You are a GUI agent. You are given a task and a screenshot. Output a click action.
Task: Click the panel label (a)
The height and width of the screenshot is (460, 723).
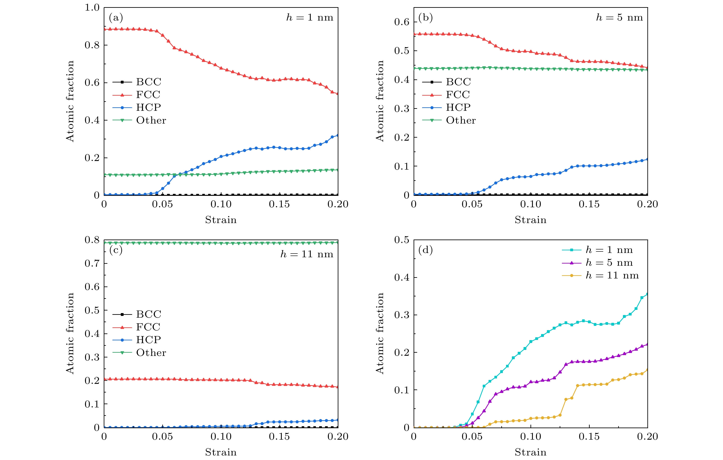116,18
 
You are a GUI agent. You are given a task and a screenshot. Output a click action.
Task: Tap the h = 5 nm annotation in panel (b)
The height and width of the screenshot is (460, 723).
619,18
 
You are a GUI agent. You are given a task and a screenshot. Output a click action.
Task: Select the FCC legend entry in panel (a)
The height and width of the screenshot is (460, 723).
148,95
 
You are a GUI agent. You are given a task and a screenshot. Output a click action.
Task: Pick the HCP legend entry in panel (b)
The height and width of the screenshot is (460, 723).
458,107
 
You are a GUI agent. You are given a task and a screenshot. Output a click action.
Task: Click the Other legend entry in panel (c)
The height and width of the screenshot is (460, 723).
151,353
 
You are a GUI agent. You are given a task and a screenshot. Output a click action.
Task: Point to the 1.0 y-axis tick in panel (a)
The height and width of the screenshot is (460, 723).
92,8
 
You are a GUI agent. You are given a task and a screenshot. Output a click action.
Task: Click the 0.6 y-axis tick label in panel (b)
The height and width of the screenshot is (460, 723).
401,22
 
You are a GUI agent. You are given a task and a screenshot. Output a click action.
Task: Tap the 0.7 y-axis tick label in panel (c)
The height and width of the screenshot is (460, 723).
92,263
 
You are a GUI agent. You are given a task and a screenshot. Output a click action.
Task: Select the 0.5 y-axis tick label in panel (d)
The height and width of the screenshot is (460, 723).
401,240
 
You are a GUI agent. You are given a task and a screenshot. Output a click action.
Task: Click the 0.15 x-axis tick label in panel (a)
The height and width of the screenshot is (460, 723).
279,204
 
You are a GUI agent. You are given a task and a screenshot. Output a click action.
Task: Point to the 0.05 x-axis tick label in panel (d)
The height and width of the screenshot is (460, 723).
472,437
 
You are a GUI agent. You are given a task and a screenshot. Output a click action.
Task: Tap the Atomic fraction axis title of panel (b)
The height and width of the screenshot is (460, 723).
380,101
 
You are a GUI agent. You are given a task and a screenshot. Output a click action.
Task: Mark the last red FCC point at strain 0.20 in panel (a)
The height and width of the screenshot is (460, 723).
338,93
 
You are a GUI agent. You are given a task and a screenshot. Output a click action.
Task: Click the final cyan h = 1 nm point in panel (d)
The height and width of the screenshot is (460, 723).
647,294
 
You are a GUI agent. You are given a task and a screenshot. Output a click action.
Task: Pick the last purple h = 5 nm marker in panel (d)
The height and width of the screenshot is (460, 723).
647,344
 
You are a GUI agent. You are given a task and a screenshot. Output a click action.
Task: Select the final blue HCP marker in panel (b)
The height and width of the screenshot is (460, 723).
647,159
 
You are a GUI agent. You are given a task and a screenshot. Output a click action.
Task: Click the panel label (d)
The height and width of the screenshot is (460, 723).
425,250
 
